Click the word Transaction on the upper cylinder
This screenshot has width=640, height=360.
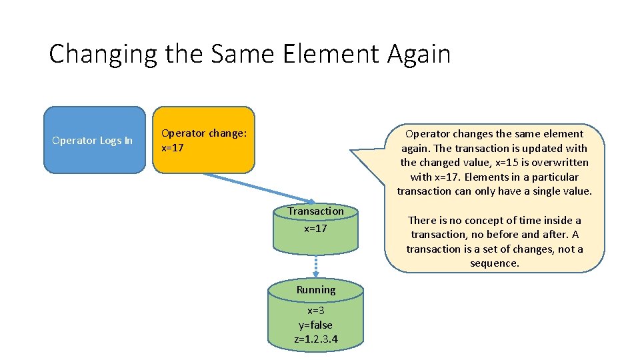coord(316,211)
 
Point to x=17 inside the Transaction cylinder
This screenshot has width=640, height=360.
coord(316,229)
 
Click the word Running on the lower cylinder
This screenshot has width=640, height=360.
coord(316,290)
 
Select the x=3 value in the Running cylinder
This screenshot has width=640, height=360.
coord(316,311)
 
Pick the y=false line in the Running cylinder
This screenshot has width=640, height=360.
coord(316,325)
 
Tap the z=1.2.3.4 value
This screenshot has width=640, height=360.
coord(316,339)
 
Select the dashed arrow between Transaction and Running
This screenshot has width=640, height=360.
coord(316,267)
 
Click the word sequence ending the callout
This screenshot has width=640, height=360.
coord(495,263)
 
